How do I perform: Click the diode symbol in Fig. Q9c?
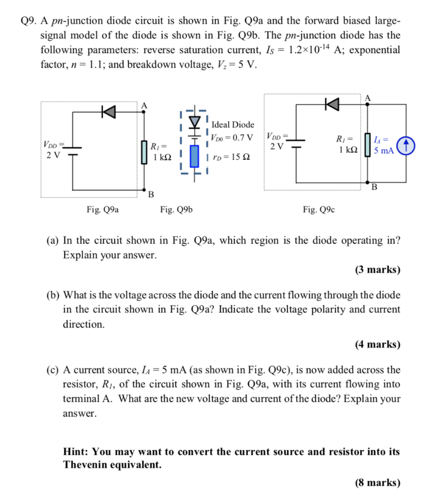tap(332, 104)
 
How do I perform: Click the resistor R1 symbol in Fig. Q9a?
tap(144, 152)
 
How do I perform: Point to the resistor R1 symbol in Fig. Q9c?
tap(365, 145)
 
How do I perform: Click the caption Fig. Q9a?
tap(103, 210)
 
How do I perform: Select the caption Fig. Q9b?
tap(176, 210)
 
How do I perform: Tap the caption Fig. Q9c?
tap(319, 210)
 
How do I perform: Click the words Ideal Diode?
tap(233, 125)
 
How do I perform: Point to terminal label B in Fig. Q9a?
tap(151, 195)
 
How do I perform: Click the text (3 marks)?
tap(377, 270)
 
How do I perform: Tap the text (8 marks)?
tap(377, 483)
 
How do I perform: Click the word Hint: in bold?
tap(77, 451)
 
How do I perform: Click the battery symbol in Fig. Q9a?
tap(72, 150)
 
